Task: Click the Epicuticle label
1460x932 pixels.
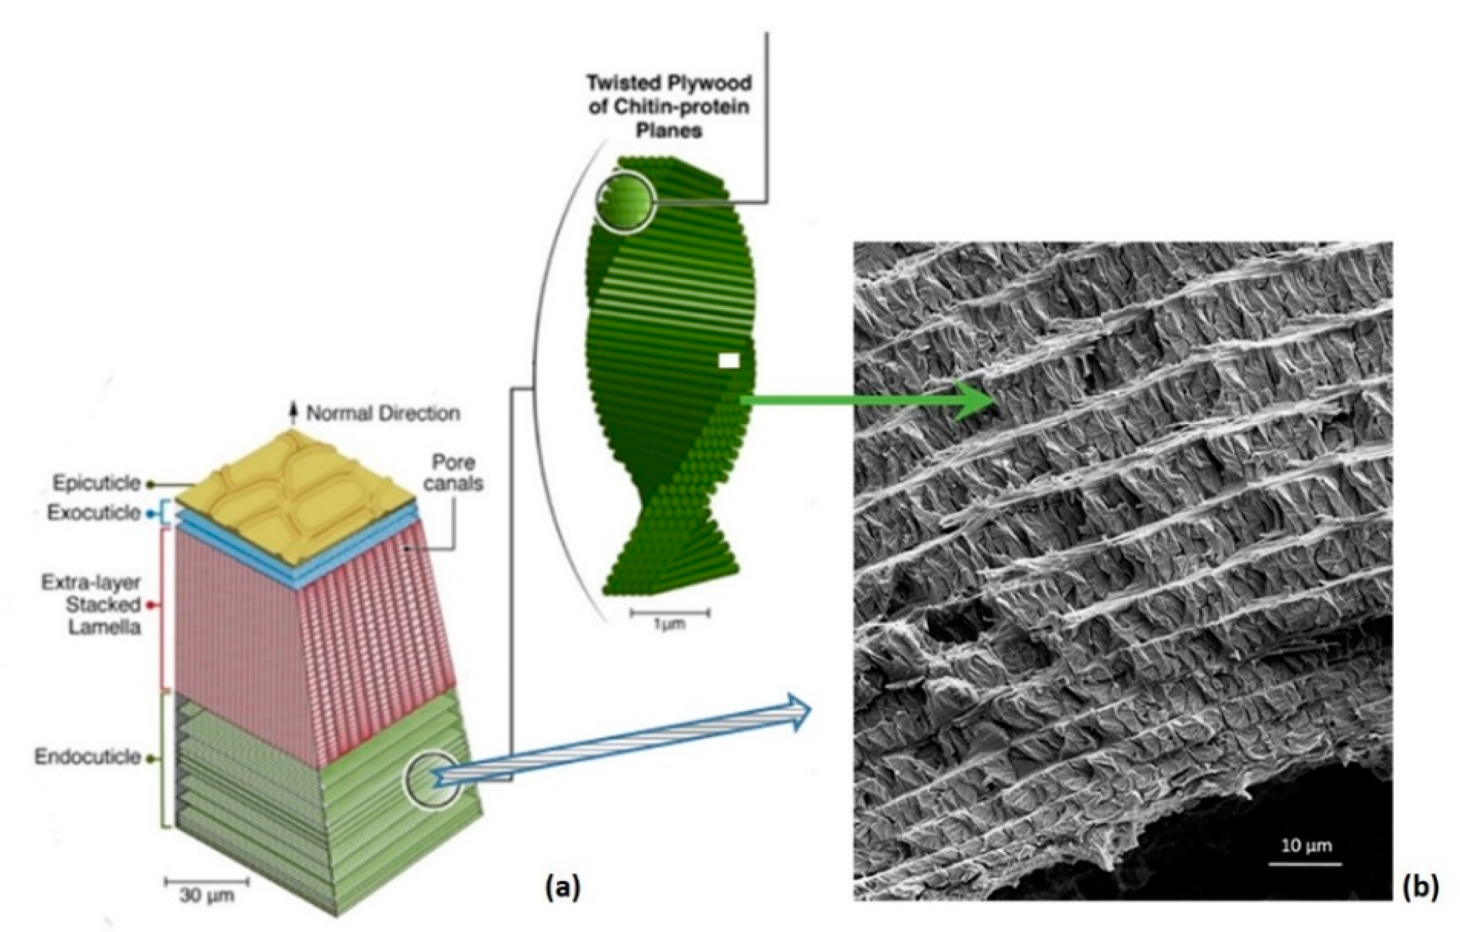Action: click(96, 483)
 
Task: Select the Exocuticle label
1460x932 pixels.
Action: click(94, 513)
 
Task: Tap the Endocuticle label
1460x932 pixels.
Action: click(88, 757)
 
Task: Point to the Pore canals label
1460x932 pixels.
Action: click(454, 473)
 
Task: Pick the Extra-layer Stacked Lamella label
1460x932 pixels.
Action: click(91, 604)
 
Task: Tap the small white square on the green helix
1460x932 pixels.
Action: click(728, 361)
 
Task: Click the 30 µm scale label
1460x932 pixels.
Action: click(207, 895)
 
